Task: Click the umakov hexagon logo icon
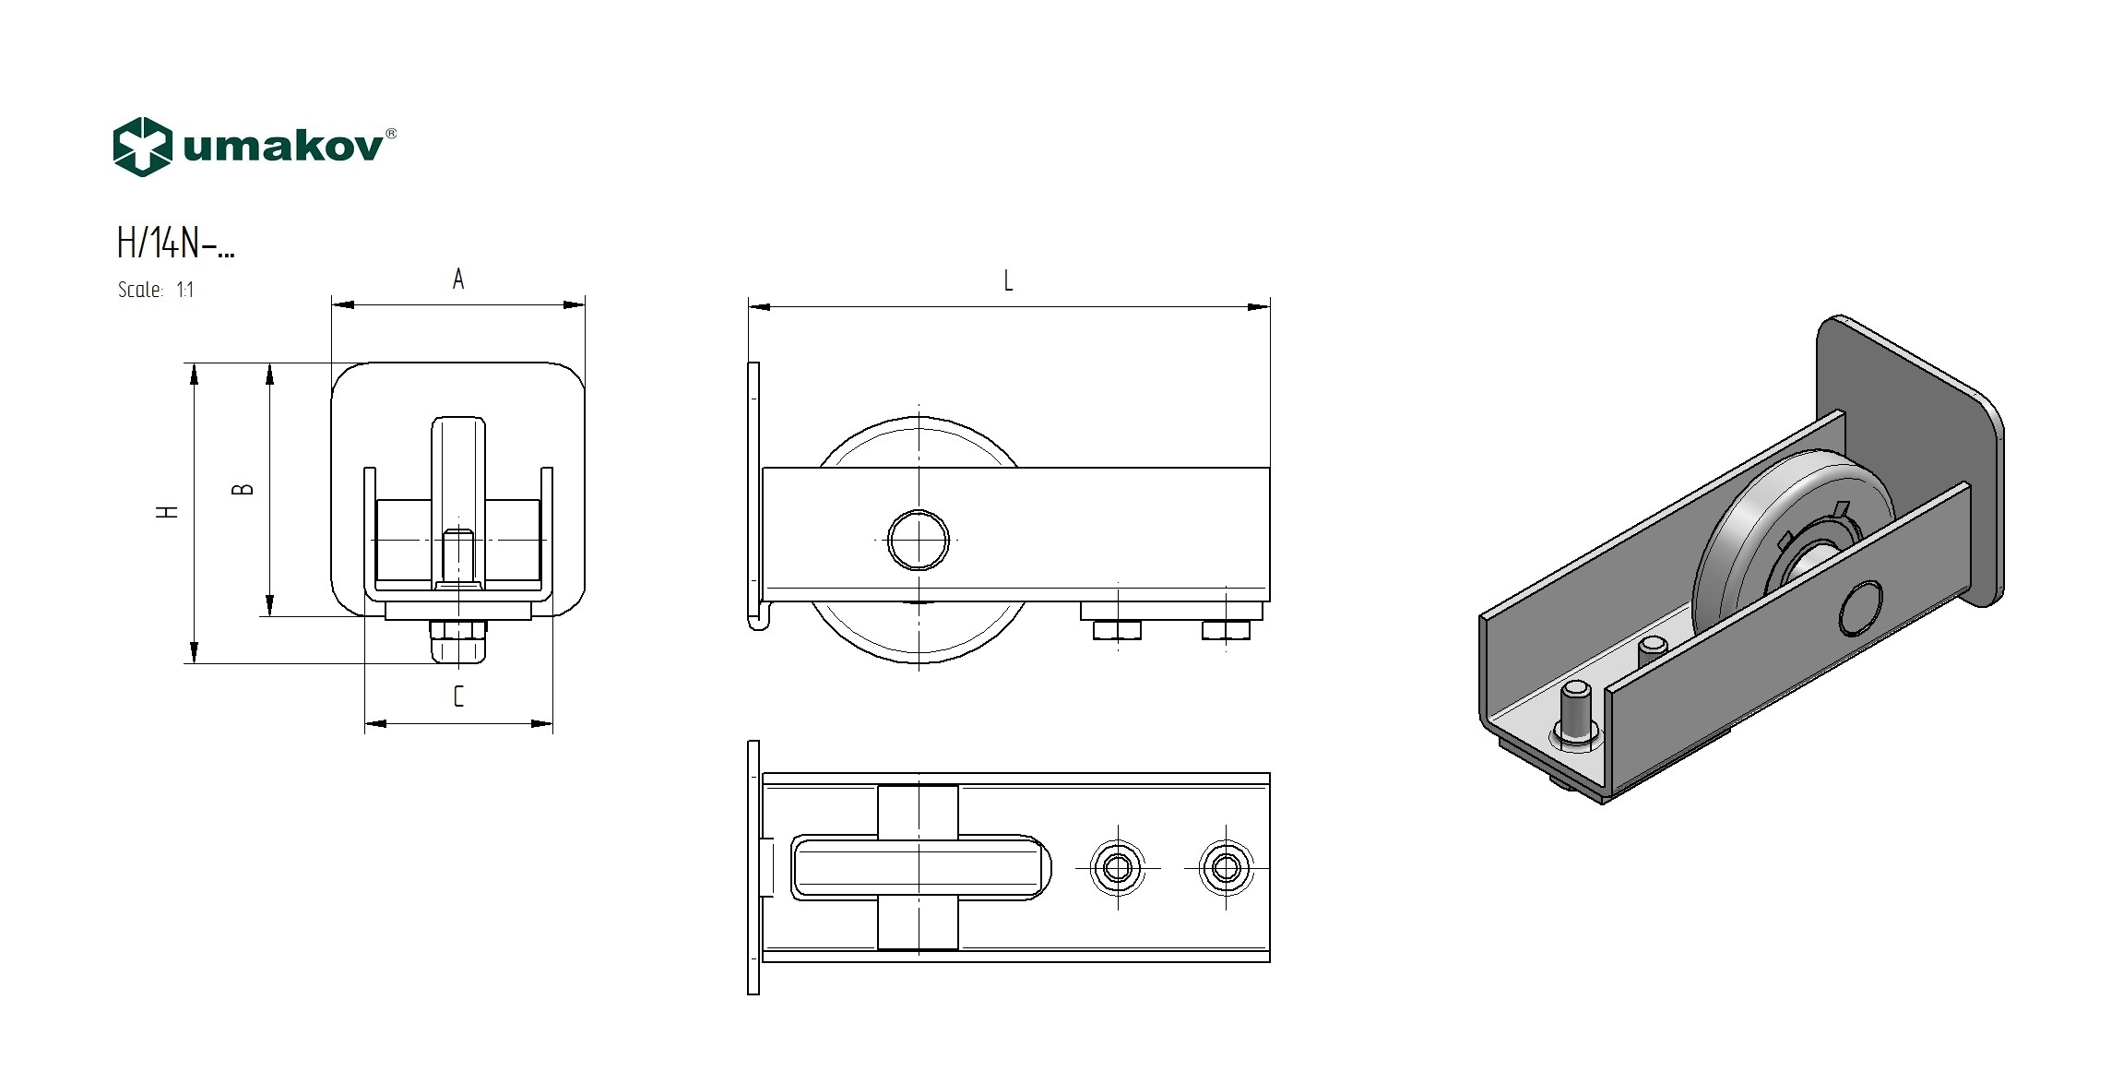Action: (142, 147)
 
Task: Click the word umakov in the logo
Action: (282, 148)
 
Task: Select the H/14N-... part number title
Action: (175, 244)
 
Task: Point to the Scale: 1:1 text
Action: (156, 290)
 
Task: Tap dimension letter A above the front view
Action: (458, 279)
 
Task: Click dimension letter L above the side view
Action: (1008, 280)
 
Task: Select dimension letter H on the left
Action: (168, 511)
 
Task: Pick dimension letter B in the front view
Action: (243, 489)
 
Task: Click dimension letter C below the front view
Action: (458, 696)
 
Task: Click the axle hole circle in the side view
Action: (919, 540)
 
